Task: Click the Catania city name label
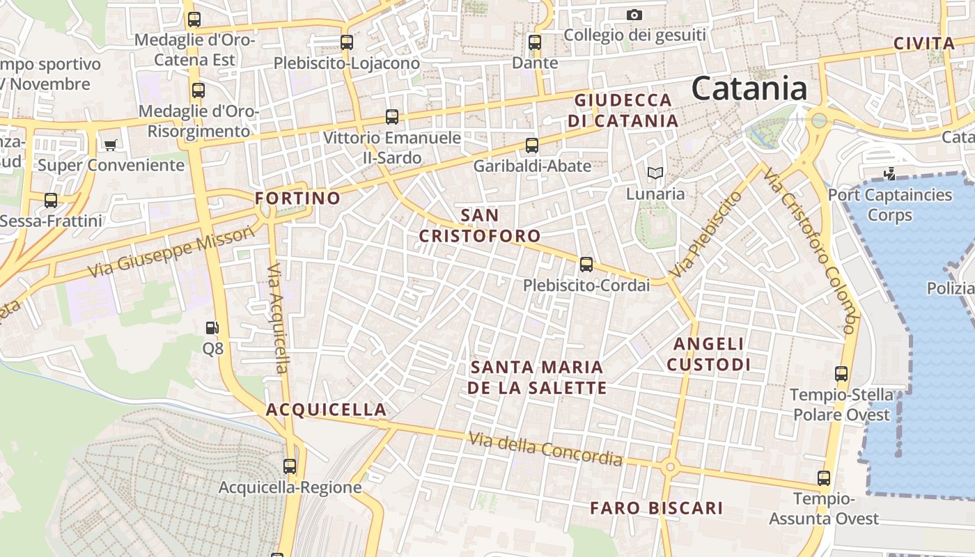click(x=749, y=88)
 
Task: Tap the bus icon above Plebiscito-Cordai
click(x=586, y=265)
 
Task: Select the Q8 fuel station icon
click(x=212, y=327)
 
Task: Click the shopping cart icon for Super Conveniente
click(x=110, y=145)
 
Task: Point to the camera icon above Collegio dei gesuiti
click(x=634, y=15)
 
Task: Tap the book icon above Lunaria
click(x=655, y=173)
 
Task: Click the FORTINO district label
click(x=297, y=198)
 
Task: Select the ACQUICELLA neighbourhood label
click(x=326, y=409)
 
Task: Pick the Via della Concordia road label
click(x=545, y=449)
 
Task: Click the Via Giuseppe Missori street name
click(x=171, y=252)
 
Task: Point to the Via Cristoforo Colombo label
click(x=808, y=251)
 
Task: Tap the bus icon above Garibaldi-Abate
click(x=532, y=146)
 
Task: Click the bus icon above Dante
click(x=535, y=42)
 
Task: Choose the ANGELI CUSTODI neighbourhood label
click(x=708, y=354)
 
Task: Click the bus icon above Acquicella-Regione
click(x=290, y=466)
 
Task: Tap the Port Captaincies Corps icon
click(x=889, y=174)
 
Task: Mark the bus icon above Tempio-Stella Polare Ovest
click(x=841, y=374)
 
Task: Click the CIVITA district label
click(x=924, y=44)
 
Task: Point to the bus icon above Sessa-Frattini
click(x=51, y=201)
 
